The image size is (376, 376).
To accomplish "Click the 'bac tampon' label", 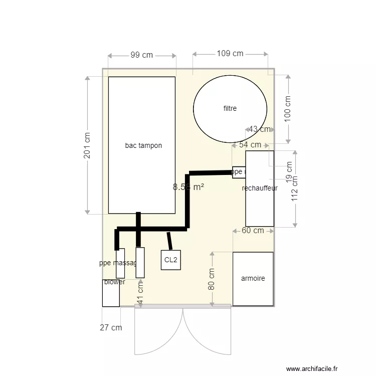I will point(143,146).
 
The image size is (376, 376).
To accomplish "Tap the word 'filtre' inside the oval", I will point(230,108).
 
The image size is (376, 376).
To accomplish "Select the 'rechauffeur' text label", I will point(260,189).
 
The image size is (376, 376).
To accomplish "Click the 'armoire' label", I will point(253,279).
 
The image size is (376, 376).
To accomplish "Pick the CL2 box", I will point(170,260).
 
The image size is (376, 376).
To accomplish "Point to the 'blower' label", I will point(114,282).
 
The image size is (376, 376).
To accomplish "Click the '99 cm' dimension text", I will point(142,55).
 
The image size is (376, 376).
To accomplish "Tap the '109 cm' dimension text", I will point(230,54).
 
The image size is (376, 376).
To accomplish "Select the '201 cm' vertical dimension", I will point(87,145).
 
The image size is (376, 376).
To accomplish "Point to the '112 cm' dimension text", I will point(295,188).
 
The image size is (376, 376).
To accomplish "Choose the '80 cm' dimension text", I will point(212,279).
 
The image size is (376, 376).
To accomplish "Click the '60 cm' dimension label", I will point(253,231).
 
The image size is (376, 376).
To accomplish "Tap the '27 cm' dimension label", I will point(111,328).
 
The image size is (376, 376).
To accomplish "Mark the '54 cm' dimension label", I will point(250,145).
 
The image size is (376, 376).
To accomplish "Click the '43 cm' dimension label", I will point(259,129).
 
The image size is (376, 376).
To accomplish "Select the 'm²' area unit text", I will point(199,187).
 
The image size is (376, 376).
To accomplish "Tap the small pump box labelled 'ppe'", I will point(239,172).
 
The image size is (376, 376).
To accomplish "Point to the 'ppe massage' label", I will point(118,263).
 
